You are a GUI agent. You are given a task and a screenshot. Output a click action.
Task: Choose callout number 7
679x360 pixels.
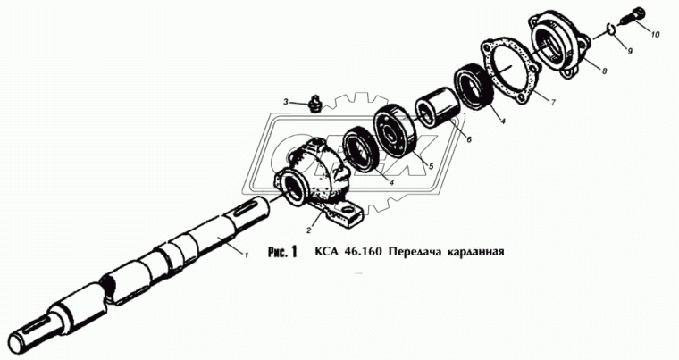[x=553, y=102]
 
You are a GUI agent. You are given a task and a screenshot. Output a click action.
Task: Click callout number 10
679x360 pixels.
[x=655, y=35]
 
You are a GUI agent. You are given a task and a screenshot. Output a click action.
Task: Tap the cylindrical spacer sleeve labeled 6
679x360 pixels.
[x=438, y=107]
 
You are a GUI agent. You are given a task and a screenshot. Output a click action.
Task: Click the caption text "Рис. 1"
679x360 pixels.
[x=279, y=252]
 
